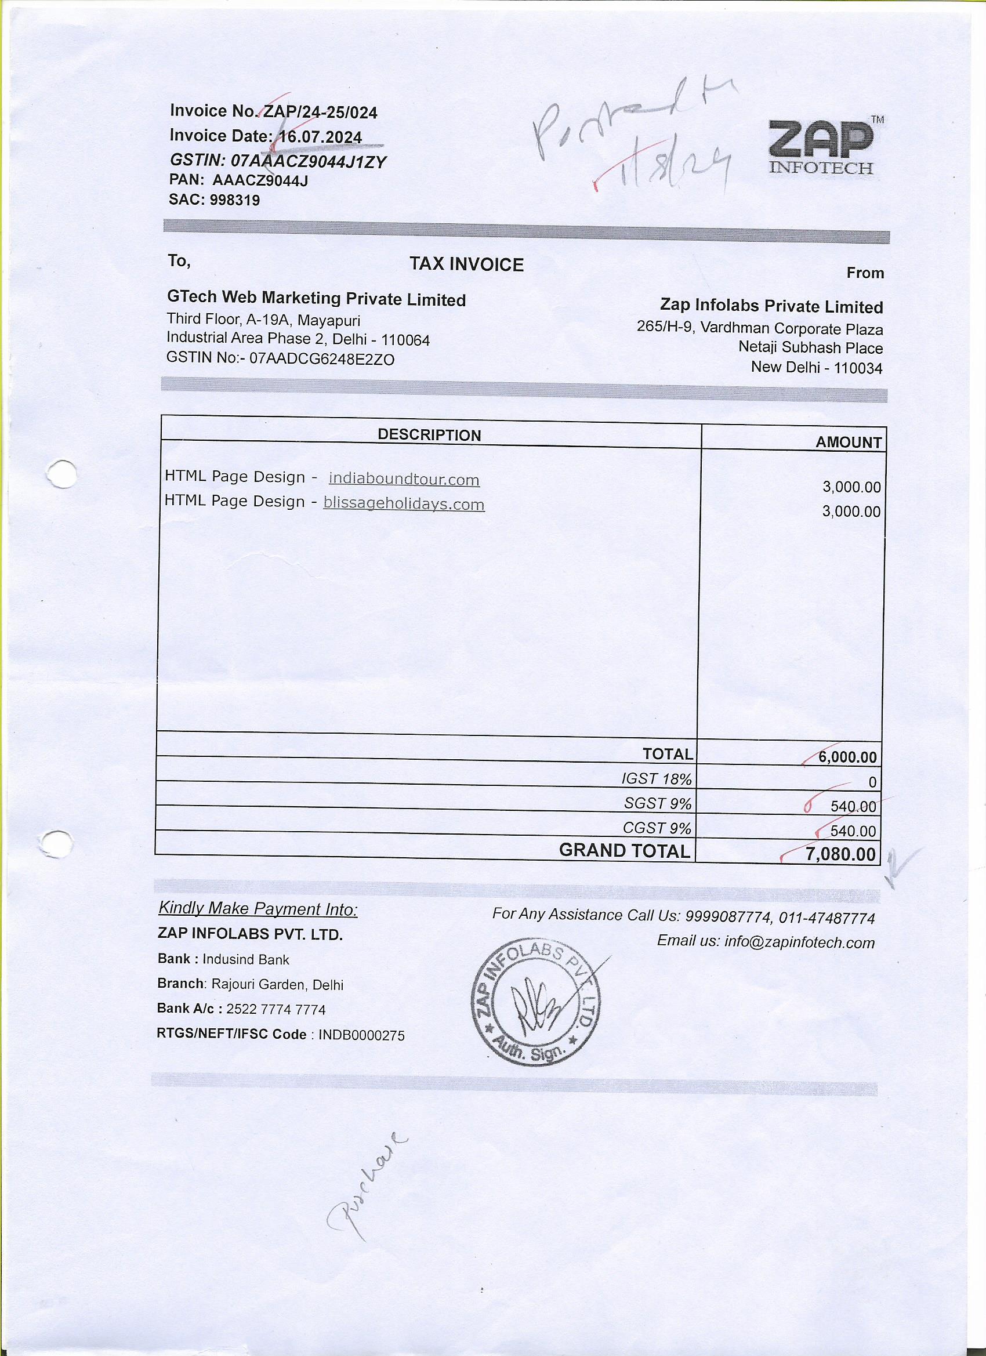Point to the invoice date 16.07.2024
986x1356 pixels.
tap(321, 137)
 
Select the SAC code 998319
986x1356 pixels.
tap(234, 200)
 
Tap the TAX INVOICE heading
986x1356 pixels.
tap(466, 264)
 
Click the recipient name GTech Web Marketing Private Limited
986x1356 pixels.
tap(316, 298)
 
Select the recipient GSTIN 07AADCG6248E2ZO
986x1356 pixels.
tap(322, 359)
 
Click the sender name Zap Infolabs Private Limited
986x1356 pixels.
tap(771, 306)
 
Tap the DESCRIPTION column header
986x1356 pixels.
tap(429, 434)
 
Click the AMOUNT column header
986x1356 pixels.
tap(849, 442)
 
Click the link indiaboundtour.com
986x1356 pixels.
tap(404, 479)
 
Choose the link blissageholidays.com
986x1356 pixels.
tap(404, 504)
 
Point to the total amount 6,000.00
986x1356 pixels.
tap(847, 757)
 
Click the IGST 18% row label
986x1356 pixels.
tap(657, 779)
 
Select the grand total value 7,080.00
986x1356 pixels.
tap(840, 854)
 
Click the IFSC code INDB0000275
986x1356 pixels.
tap(361, 1035)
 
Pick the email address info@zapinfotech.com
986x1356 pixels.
tap(799, 943)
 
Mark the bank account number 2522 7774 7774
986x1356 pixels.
tap(276, 1010)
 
